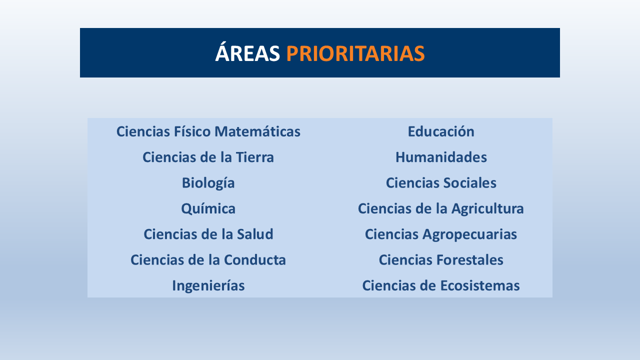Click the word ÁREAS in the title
click(x=247, y=53)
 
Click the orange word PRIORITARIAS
click(x=355, y=53)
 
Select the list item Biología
click(x=208, y=183)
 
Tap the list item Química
click(x=208, y=208)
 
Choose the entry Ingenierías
click(x=208, y=285)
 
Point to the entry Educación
click(x=440, y=131)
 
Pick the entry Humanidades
click(x=440, y=157)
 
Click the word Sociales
click(x=469, y=183)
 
